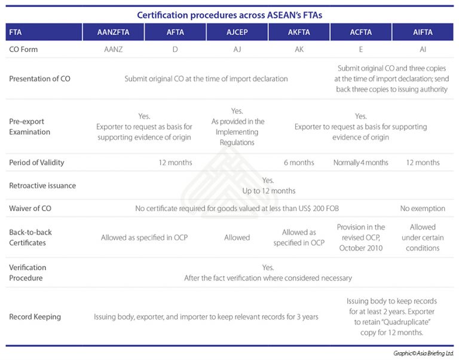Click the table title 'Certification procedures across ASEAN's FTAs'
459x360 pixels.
pyautogui.click(x=229, y=14)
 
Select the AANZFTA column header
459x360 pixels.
pyautogui.click(x=113, y=32)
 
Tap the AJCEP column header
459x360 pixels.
pyautogui.click(x=237, y=32)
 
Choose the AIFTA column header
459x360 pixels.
pyautogui.click(x=423, y=32)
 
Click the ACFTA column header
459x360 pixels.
pyautogui.click(x=361, y=32)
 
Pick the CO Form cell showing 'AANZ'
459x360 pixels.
pyautogui.click(x=113, y=50)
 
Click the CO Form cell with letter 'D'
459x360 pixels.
pyautogui.click(x=175, y=50)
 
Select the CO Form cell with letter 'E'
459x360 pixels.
pyautogui.click(x=361, y=50)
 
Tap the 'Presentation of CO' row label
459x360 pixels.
pyautogui.click(x=39, y=79)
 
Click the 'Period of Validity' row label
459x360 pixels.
pyautogui.click(x=36, y=163)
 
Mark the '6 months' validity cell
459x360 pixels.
pyautogui.click(x=299, y=163)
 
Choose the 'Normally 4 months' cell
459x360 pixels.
pyautogui.click(x=361, y=163)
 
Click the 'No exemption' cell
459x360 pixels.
pyautogui.click(x=423, y=209)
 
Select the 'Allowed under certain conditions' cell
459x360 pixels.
pyautogui.click(x=423, y=237)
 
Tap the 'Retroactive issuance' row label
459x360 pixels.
pyautogui.click(x=42, y=186)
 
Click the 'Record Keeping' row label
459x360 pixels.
pyautogui.click(x=35, y=317)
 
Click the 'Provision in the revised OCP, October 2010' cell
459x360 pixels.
pyautogui.click(x=361, y=237)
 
